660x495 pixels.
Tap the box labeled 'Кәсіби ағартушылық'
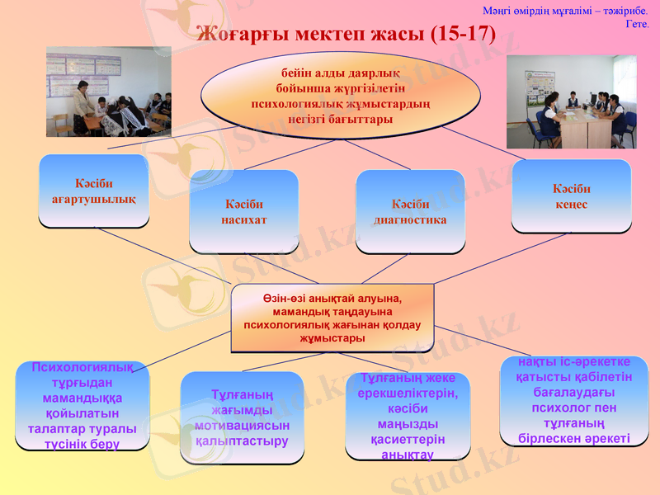[x=93, y=191]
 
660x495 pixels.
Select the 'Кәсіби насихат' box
[x=243, y=211]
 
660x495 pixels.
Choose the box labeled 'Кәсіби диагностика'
[x=410, y=211]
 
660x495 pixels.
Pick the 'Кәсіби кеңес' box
[x=571, y=196]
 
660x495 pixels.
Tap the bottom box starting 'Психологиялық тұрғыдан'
[x=82, y=406]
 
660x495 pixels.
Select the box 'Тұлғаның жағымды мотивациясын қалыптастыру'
[x=242, y=417]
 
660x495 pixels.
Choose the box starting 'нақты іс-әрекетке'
[x=573, y=401]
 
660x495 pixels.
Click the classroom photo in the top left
[x=108, y=92]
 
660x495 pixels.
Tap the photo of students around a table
[x=571, y=101]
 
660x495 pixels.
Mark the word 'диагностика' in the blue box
[x=410, y=219]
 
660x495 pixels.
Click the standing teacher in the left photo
[x=82, y=103]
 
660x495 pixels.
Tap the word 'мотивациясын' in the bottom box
[x=242, y=426]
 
